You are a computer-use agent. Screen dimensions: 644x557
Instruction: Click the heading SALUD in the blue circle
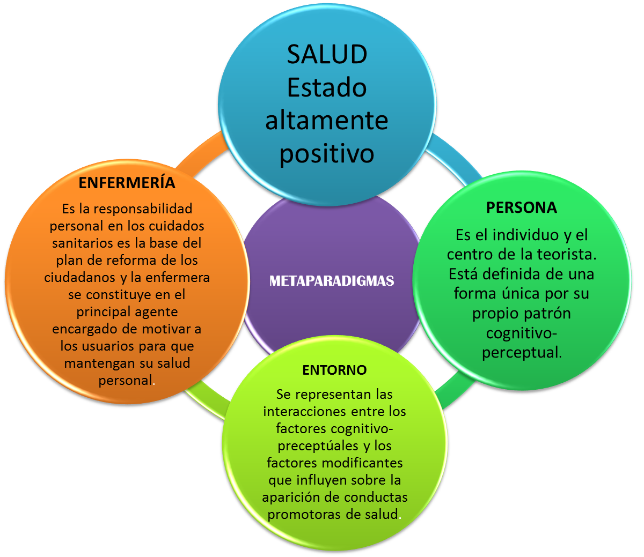[x=327, y=54]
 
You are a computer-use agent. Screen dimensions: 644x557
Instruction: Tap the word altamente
[x=326, y=120]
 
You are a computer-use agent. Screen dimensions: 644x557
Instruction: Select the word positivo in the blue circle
[x=326, y=153]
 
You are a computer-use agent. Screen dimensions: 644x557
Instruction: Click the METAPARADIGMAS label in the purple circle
[x=332, y=280]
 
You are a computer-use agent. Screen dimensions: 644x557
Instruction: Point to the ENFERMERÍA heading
[x=127, y=183]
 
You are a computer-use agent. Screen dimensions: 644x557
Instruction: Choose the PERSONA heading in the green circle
[x=521, y=207]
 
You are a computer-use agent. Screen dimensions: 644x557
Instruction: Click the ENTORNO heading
[x=334, y=370]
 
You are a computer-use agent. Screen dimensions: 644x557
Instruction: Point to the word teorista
[x=568, y=254]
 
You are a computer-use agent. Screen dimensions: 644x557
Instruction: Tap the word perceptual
[x=521, y=353]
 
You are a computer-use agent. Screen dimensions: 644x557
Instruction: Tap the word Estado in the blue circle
[x=326, y=87]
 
